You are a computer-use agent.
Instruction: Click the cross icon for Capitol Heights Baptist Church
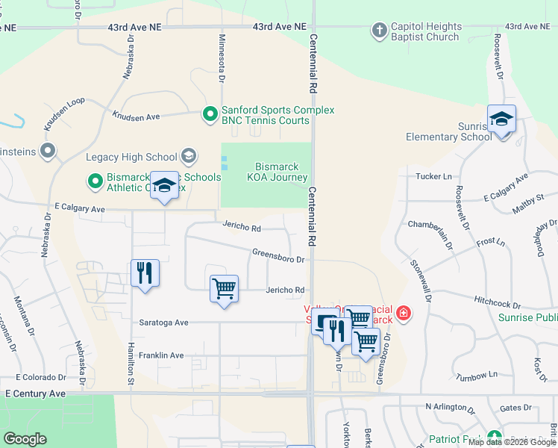coord(380,31)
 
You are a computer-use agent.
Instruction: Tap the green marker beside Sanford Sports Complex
coord(210,114)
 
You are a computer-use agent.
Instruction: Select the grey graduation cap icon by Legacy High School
coord(189,156)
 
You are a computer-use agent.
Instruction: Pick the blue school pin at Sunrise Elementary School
coord(501,120)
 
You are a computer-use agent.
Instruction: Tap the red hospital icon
coord(404,313)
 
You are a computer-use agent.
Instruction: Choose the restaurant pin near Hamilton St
coord(145,273)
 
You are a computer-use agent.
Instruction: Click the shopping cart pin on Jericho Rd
coord(224,288)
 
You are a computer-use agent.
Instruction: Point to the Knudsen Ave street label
coord(136,116)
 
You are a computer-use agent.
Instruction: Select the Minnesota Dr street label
coord(221,57)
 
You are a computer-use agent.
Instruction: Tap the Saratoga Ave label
coord(163,323)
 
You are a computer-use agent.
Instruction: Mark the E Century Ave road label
coord(35,393)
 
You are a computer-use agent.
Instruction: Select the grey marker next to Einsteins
coord(48,152)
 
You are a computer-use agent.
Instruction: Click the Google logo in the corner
coord(25,439)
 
